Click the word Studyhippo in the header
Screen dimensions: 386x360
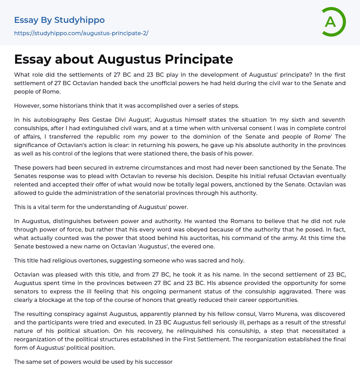pos(79,20)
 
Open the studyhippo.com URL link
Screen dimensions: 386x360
pos(81,33)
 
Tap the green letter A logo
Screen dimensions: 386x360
pos(331,22)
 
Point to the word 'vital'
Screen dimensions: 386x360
pos(43,207)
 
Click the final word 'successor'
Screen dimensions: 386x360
pos(158,362)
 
